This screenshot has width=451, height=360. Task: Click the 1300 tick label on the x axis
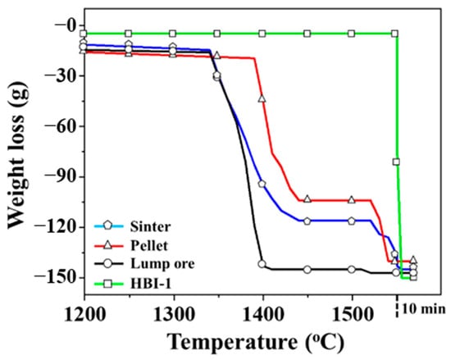point(172,312)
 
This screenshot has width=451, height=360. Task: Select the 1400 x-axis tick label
point(262,312)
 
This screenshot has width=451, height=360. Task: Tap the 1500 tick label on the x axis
point(352,312)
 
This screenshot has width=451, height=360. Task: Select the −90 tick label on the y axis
point(57,177)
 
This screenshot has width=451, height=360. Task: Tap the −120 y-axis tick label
point(52,227)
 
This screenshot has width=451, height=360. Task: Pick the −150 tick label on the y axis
point(52,278)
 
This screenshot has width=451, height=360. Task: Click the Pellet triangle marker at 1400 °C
point(262,98)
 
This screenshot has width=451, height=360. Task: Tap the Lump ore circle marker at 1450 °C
point(307,270)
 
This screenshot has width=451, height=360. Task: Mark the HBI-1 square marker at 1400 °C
point(262,34)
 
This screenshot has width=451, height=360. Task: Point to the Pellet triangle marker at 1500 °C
point(352,200)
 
